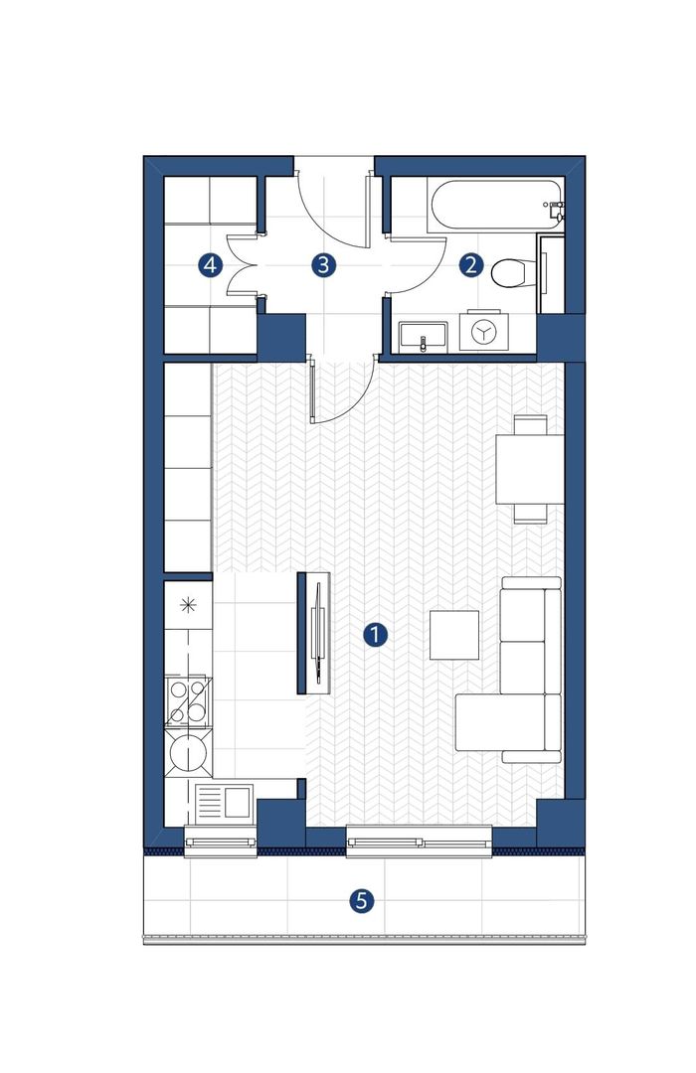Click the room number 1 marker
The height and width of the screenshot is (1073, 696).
375,635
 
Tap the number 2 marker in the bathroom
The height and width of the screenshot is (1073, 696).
470,265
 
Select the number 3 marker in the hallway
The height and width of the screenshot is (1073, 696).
323,265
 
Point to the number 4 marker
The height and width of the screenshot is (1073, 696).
211,265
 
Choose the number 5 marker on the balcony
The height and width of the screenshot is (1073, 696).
362,900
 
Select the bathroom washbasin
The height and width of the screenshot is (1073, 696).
423,336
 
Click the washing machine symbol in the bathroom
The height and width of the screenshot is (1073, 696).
483,332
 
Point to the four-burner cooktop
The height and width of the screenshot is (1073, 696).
188,701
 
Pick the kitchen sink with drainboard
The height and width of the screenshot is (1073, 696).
224,803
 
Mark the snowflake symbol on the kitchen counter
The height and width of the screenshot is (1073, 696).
188,605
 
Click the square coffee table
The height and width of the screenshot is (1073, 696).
454,634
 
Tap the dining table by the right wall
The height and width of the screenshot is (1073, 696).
530,469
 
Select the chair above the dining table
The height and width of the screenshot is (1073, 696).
531,424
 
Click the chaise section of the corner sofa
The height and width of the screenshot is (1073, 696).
501,722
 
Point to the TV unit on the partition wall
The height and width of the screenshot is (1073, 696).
314,633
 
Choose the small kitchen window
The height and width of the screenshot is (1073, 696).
221,842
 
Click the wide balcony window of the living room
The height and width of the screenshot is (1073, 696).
420,842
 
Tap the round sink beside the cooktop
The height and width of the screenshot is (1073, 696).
188,753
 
